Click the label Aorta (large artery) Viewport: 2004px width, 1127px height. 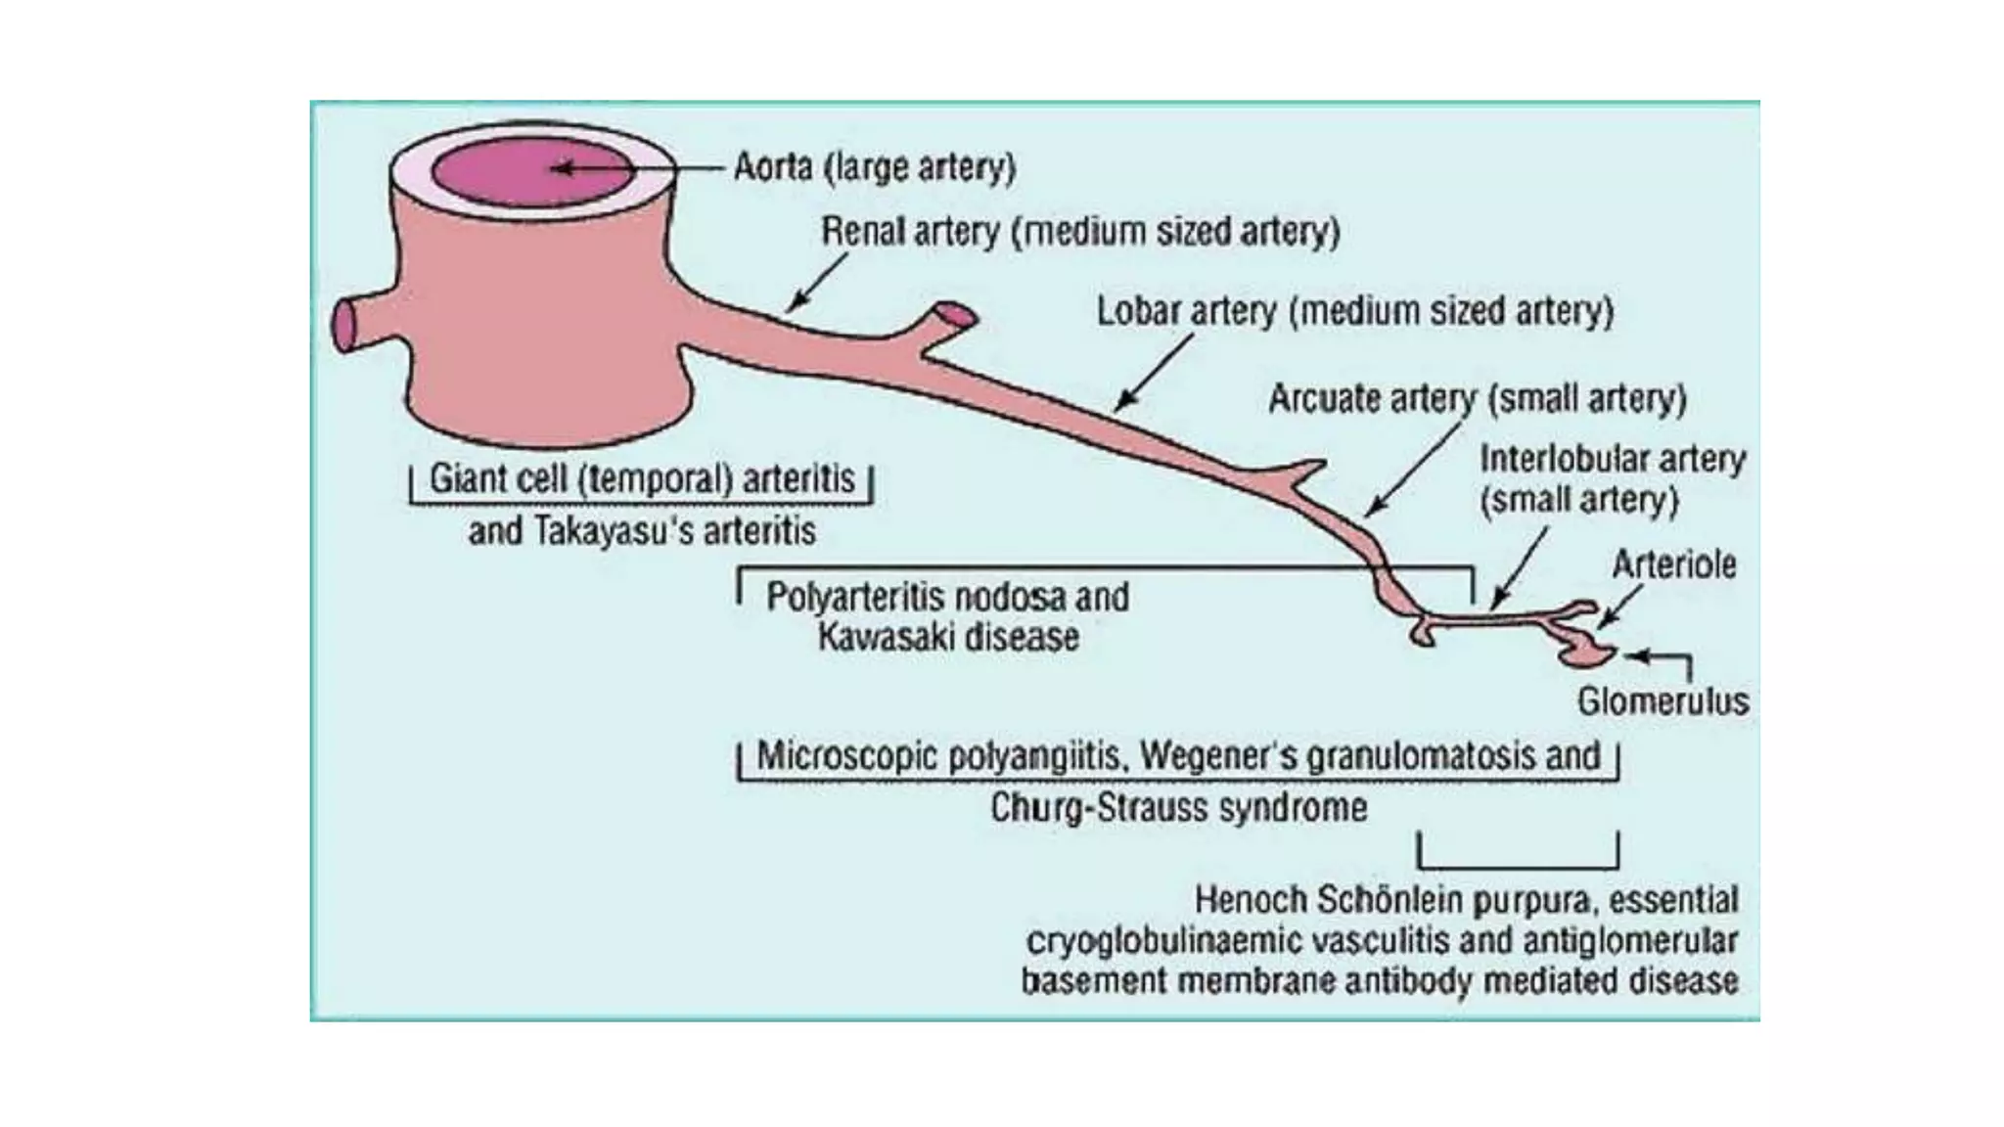click(874, 168)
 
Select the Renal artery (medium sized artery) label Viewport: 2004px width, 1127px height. click(1079, 232)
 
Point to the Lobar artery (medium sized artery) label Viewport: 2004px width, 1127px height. click(1354, 311)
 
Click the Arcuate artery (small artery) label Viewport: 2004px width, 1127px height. click(1477, 398)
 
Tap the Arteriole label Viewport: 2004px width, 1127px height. click(1673, 564)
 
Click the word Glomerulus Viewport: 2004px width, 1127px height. click(1662, 701)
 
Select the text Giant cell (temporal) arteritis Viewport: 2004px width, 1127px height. click(642, 479)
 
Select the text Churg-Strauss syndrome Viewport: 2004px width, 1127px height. click(1178, 808)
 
